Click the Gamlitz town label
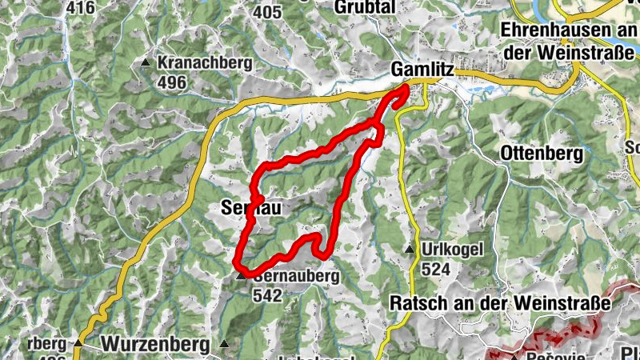point(422,70)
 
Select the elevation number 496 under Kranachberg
point(172,82)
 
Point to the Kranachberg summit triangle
point(146,62)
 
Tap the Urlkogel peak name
point(453,250)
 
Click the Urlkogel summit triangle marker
point(410,250)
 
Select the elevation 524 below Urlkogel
point(435,270)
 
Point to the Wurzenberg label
point(156,344)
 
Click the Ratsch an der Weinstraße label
point(501,303)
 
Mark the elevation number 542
point(266,295)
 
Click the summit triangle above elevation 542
point(240,276)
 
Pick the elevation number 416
point(80,8)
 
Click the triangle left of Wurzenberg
point(78,343)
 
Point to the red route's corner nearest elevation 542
point(240,266)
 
